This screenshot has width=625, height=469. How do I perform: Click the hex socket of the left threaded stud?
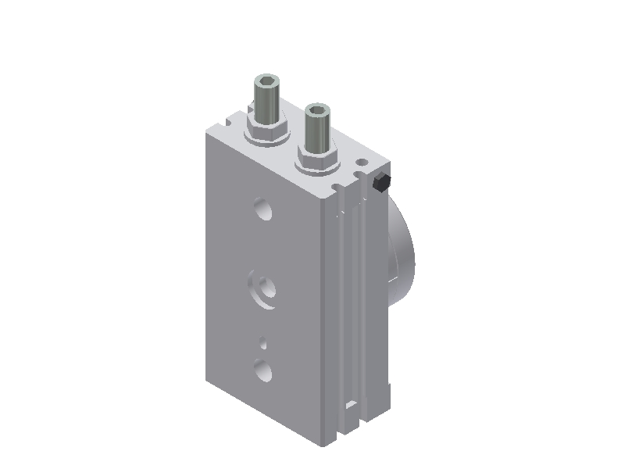[265, 81]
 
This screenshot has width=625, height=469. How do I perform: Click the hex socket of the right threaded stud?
[317, 110]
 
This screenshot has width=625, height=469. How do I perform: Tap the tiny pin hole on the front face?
[264, 342]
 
